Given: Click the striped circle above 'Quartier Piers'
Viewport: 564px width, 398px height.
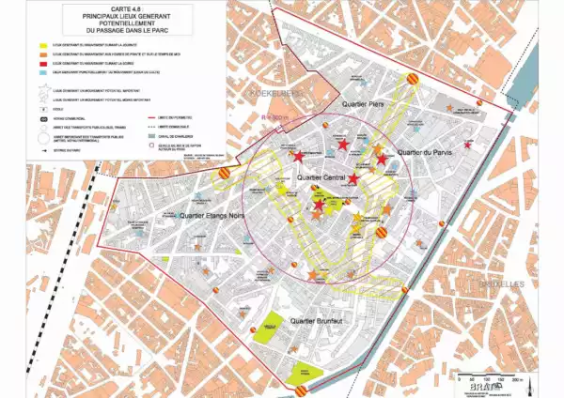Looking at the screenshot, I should (x=410, y=82).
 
